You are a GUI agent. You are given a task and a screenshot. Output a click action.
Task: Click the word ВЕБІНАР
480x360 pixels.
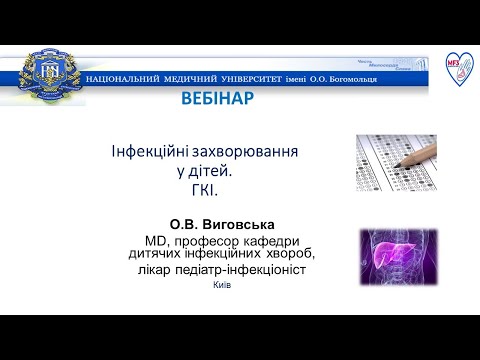tap(217, 99)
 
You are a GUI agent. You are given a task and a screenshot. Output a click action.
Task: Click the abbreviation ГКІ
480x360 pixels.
tap(203, 189)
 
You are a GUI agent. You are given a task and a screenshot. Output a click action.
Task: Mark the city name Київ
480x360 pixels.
tap(222, 285)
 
